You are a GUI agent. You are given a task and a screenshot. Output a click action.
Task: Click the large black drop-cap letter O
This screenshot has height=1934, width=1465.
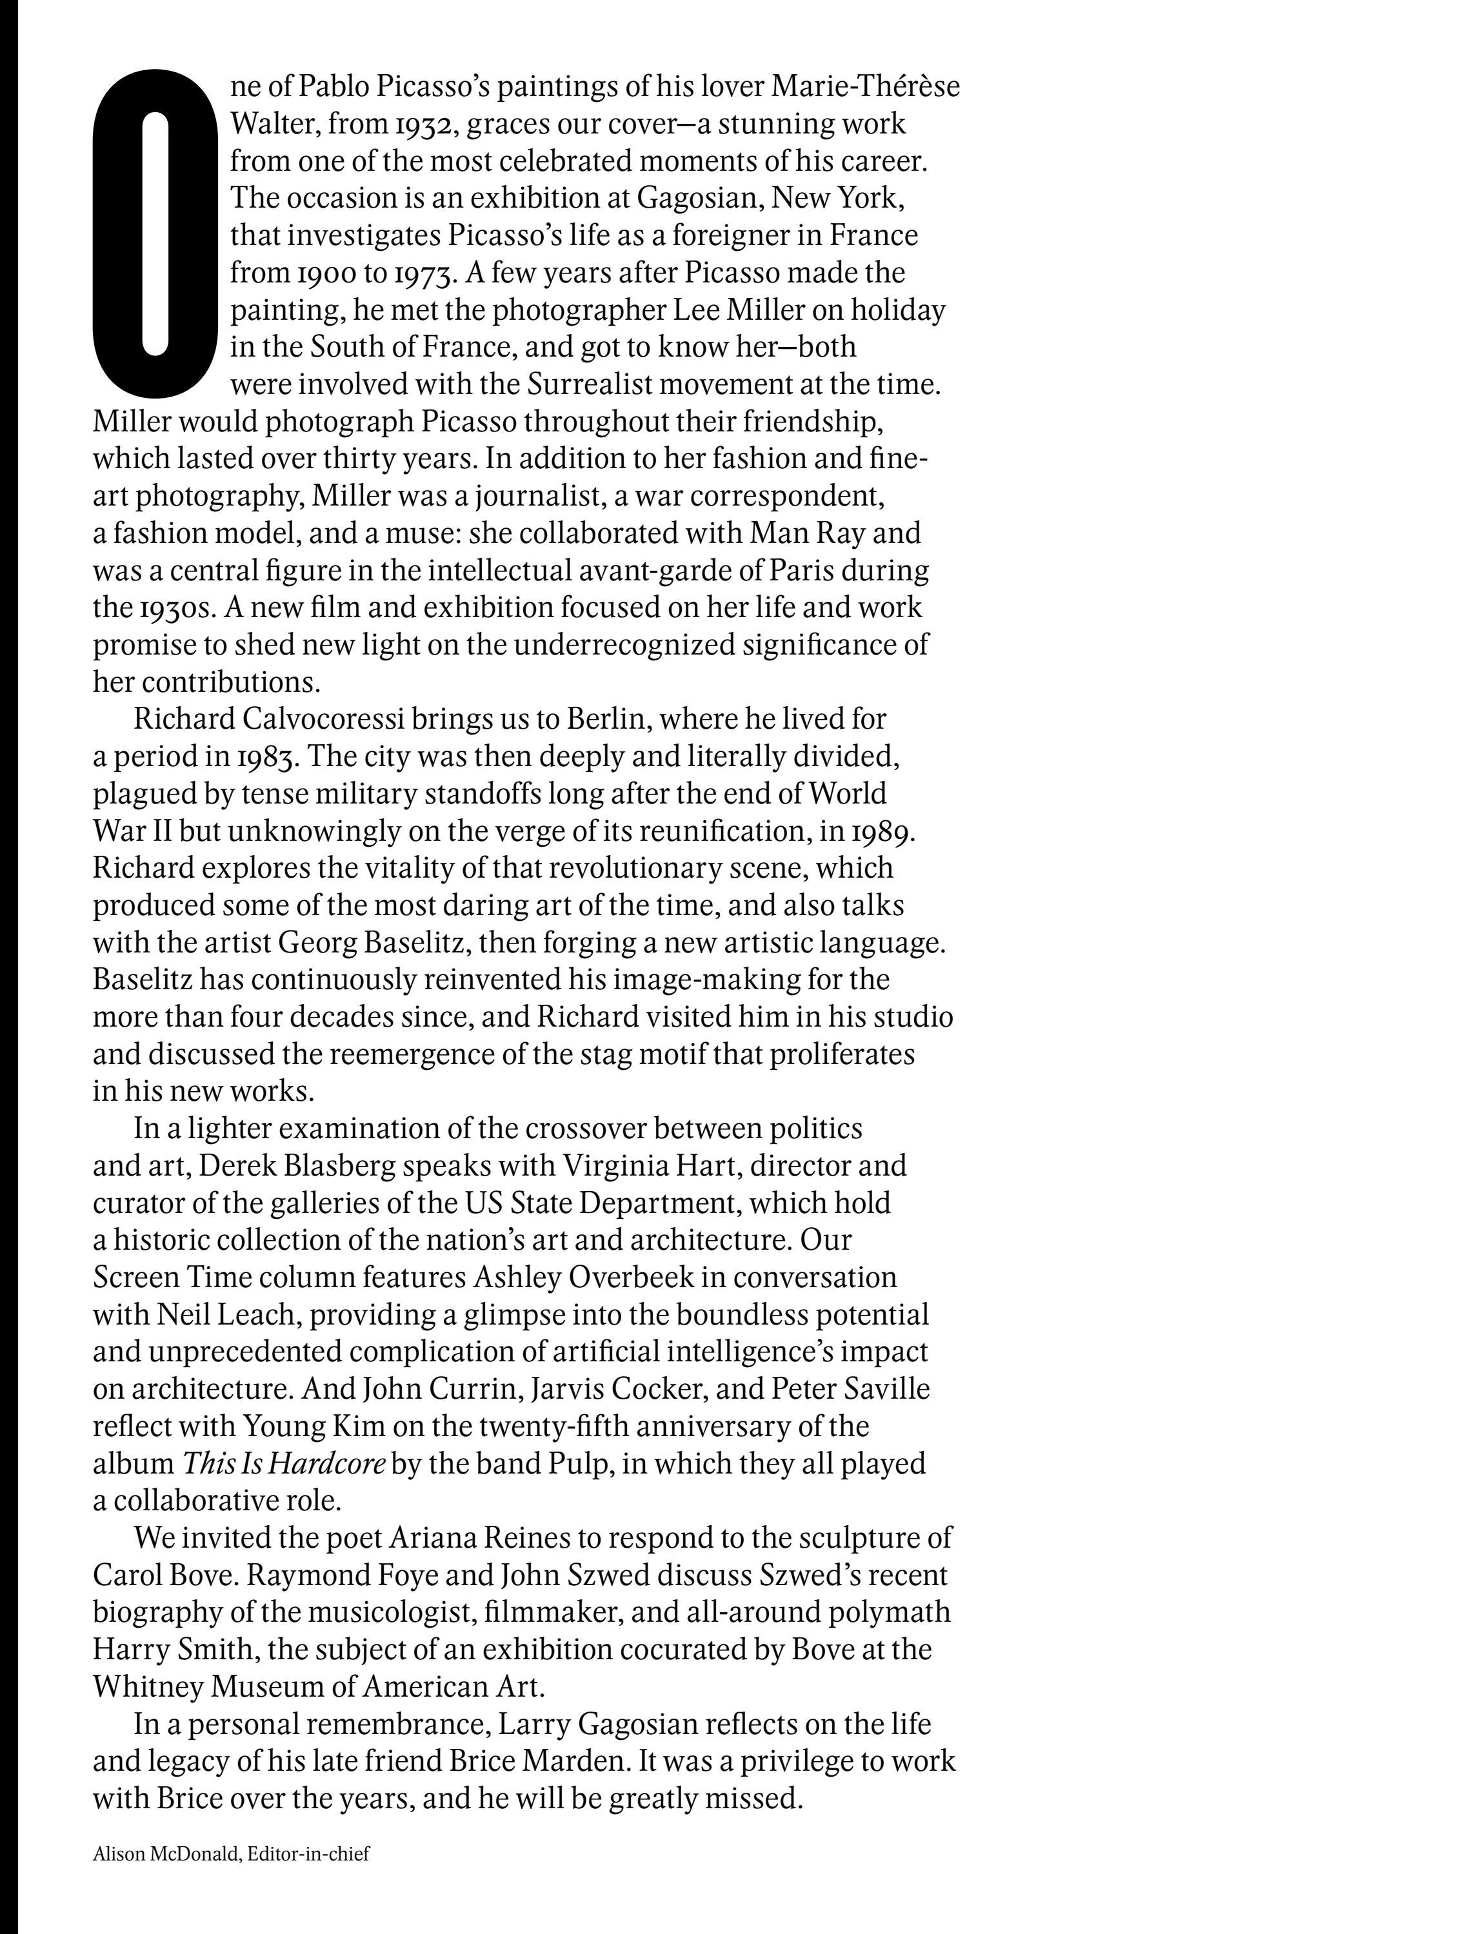coord(155,233)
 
